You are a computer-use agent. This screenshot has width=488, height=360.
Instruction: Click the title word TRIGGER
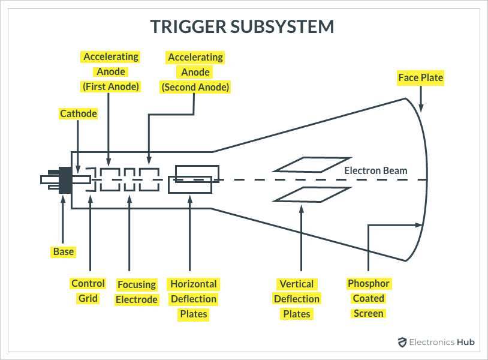[x=189, y=27]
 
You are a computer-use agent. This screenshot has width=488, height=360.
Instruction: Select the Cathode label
[x=78, y=113]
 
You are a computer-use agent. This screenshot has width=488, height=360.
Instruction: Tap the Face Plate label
[x=420, y=77]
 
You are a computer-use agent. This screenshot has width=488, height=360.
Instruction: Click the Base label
[x=63, y=251]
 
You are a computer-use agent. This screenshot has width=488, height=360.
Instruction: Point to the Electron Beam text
[x=376, y=171]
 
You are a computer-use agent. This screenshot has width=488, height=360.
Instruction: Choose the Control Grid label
[x=88, y=290]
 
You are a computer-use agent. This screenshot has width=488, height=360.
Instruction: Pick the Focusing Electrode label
[x=137, y=292]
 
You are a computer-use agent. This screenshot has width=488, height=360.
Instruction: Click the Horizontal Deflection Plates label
[x=194, y=298]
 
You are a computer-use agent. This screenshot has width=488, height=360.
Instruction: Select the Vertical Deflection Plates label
[x=297, y=298]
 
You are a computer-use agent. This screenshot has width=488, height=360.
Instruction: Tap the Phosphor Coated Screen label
[x=369, y=298]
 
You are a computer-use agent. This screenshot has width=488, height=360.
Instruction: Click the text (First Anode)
[x=110, y=86]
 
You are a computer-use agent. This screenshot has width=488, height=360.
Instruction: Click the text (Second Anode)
[x=195, y=87]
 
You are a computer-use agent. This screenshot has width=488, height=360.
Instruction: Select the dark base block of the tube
[x=65, y=179]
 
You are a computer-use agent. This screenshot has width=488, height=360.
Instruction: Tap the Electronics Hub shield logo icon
[x=402, y=342]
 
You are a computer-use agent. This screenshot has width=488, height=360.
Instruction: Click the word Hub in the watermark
[x=465, y=342]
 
